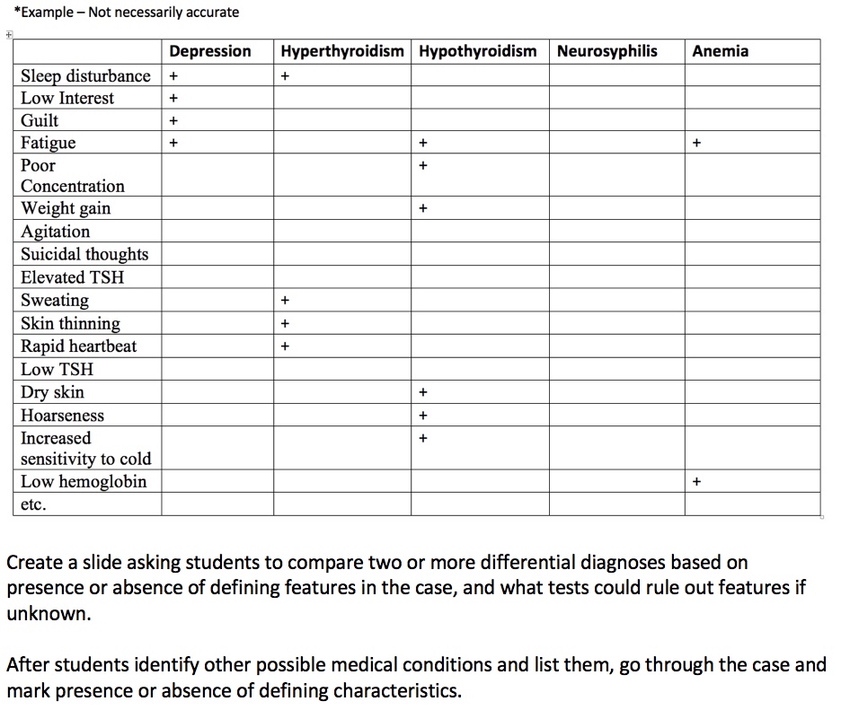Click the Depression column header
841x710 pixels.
pyautogui.click(x=210, y=51)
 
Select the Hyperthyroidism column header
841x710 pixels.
pyautogui.click(x=342, y=51)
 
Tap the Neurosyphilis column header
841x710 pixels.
pyautogui.click(x=606, y=51)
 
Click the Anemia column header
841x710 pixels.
pyautogui.click(x=720, y=51)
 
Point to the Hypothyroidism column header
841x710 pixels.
pyautogui.click(x=477, y=51)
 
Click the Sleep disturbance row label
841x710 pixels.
pyautogui.click(x=85, y=75)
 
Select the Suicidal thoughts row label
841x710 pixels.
pyautogui.click(x=84, y=254)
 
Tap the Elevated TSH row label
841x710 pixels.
pyautogui.click(x=72, y=277)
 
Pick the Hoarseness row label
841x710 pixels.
pyautogui.click(x=62, y=416)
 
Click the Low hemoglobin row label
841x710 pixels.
pyautogui.click(x=84, y=482)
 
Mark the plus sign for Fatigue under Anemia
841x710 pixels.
pyautogui.click(x=696, y=143)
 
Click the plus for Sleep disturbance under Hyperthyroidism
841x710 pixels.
pyautogui.click(x=285, y=76)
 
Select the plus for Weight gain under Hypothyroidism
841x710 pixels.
pyautogui.click(x=422, y=209)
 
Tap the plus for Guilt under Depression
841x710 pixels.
pyautogui.click(x=173, y=120)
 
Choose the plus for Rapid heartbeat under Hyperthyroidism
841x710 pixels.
pyautogui.click(x=285, y=346)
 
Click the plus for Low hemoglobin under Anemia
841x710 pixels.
pyautogui.click(x=696, y=482)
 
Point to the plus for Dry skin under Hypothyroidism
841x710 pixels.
pyautogui.click(x=422, y=392)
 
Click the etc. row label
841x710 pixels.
pyautogui.click(x=33, y=504)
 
